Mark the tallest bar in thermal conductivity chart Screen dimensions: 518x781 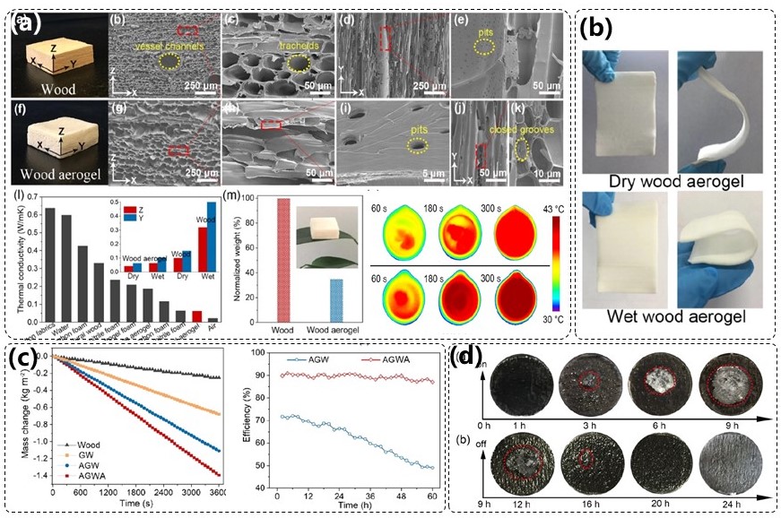[50, 264]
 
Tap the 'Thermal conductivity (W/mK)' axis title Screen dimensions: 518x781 [20, 260]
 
